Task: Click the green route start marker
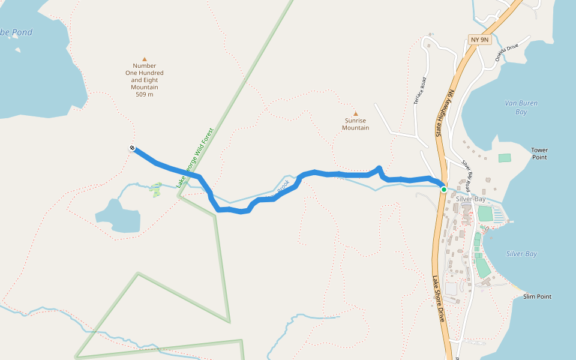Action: coord(444,190)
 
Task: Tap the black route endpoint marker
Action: coord(132,148)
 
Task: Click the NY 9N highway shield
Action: coord(480,40)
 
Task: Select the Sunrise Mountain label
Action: coord(355,124)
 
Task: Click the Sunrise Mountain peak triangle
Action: coord(355,113)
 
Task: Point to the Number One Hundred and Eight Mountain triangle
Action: coord(144,59)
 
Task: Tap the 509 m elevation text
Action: coord(144,94)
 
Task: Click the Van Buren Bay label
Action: coord(521,107)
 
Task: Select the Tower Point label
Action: coord(539,154)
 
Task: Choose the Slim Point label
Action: coord(537,296)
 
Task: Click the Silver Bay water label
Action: coord(521,254)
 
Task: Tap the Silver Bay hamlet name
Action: coord(470,199)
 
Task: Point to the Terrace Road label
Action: coord(419,92)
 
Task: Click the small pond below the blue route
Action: coord(118,216)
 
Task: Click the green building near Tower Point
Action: coord(505,158)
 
